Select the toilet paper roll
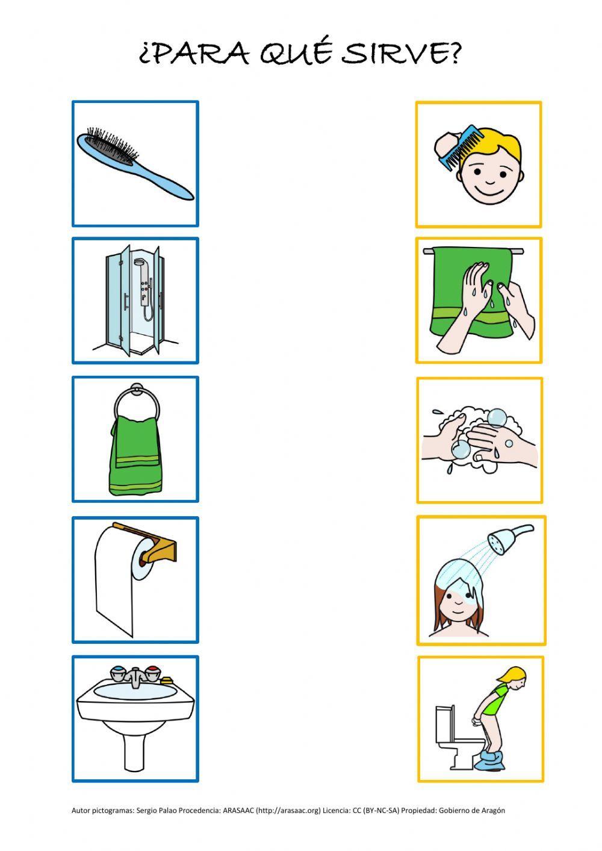pyautogui.click(x=122, y=579)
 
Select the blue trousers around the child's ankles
pyautogui.click(x=490, y=760)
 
